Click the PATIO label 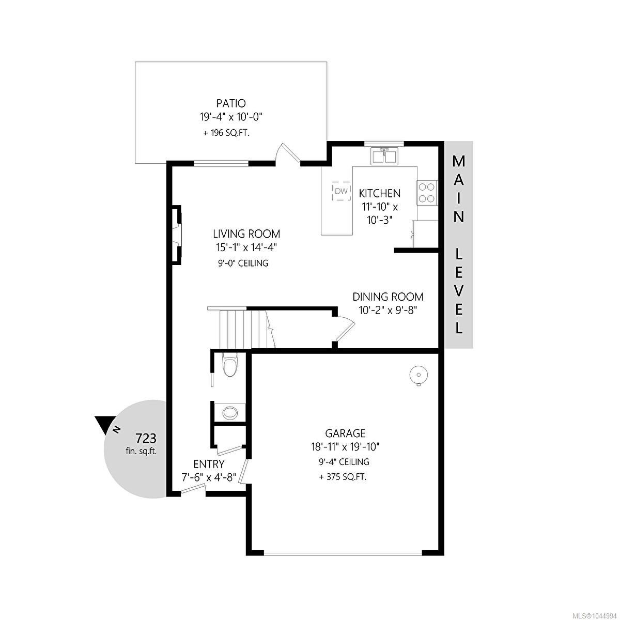click(230, 103)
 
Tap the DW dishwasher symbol click(341, 192)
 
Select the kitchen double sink click(384, 156)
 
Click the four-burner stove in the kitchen click(427, 193)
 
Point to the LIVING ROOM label click(246, 233)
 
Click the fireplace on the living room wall click(176, 235)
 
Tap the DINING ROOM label click(388, 297)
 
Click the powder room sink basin click(230, 412)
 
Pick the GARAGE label click(345, 433)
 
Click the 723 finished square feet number click(146, 438)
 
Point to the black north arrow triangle click(105, 424)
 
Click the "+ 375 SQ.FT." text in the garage click(343, 477)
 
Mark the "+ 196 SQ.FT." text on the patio click(226, 133)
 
